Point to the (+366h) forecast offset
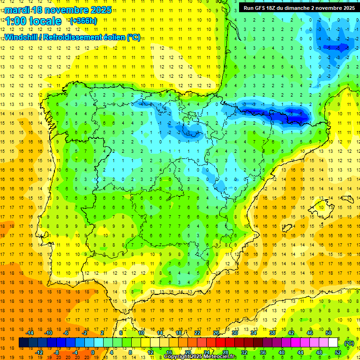click(x=83, y=21)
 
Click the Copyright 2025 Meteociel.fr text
click(x=200, y=357)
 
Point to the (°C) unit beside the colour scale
click(x=349, y=343)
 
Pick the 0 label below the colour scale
click(x=94, y=352)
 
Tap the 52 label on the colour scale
click(x=337, y=352)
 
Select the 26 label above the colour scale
click(x=216, y=333)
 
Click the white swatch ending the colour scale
click(x=337, y=343)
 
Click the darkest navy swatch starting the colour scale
click(x=23, y=343)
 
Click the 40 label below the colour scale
click(x=281, y=352)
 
